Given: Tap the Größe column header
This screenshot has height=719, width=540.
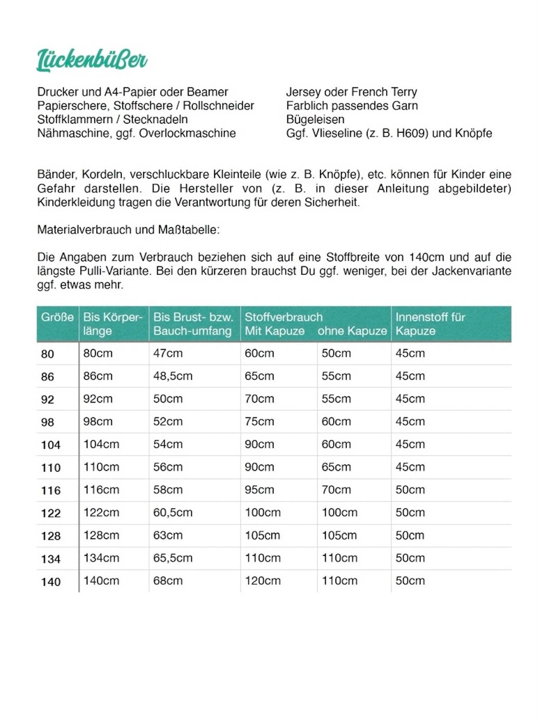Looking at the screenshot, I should (57, 317).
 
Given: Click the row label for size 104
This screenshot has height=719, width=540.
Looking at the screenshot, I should (51, 445).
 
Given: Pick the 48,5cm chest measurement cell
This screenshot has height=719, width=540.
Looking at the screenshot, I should (173, 376).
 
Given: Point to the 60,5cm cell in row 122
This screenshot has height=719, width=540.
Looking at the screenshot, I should (173, 513).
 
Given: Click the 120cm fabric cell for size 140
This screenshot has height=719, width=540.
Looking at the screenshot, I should (263, 581).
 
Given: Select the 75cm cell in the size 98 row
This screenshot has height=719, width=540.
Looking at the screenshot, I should (259, 421).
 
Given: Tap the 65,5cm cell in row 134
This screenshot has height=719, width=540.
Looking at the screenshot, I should (173, 558).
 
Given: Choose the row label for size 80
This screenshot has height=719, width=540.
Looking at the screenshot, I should (48, 354).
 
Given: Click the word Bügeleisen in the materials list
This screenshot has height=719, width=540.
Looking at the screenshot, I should (315, 119).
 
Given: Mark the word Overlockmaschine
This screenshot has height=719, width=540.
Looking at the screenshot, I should (187, 133).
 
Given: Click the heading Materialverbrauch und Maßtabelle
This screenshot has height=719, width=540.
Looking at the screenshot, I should (128, 230).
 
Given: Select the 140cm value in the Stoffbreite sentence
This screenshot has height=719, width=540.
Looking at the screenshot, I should (426, 257).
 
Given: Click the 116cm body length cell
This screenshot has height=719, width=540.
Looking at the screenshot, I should (101, 490).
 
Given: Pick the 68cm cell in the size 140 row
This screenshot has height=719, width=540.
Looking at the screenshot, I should (168, 581).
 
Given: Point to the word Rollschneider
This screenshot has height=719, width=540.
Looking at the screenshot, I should (218, 106).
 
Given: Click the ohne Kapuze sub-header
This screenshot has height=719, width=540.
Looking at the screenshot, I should (352, 331).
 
